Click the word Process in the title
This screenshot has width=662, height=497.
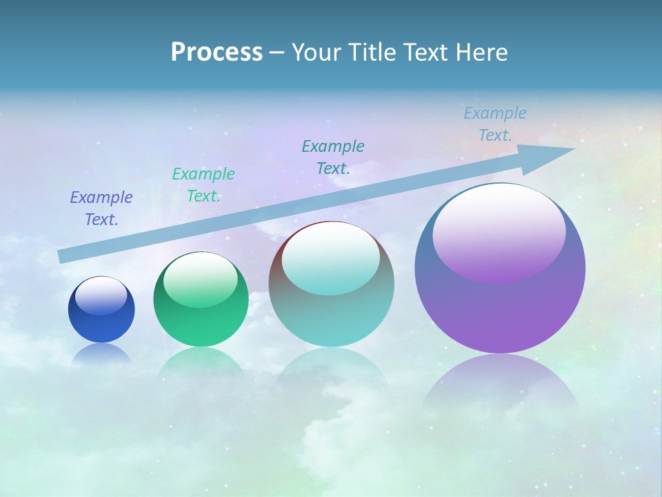[217, 52]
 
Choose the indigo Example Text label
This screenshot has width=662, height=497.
[101, 208]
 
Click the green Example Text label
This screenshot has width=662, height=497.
[203, 184]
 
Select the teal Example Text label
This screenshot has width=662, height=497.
[333, 157]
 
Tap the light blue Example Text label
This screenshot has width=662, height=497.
[494, 124]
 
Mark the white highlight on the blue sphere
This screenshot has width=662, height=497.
[101, 296]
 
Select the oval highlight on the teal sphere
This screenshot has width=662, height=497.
[331, 259]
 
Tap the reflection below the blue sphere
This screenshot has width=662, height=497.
[101, 353]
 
